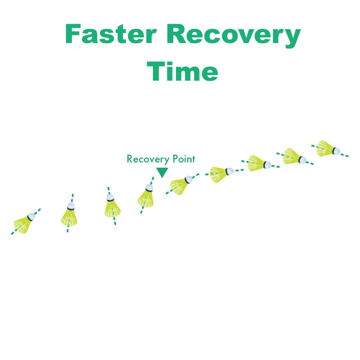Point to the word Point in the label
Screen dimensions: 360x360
click(x=184, y=159)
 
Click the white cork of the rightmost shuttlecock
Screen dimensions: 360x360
click(x=336, y=151)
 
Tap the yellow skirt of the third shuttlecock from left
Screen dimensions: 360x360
click(x=112, y=209)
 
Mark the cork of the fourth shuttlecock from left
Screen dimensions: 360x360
click(x=149, y=188)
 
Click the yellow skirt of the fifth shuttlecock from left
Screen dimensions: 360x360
click(x=178, y=187)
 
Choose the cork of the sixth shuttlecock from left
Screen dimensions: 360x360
click(x=229, y=171)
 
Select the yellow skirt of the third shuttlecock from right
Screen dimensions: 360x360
click(x=256, y=163)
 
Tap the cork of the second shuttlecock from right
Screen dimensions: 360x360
click(x=302, y=160)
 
